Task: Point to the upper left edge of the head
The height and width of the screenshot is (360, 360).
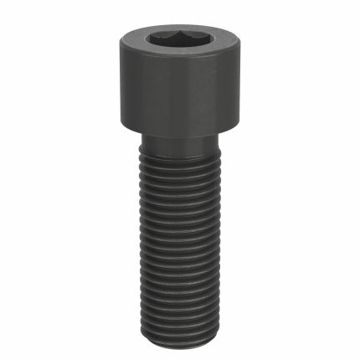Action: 121,38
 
